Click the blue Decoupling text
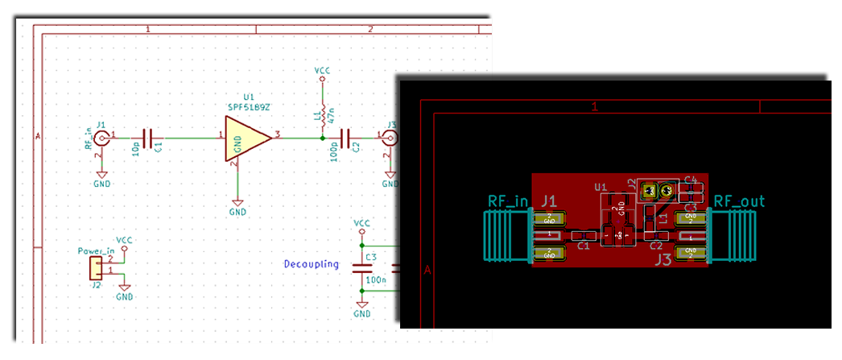click(311, 264)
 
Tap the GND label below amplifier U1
click(237, 212)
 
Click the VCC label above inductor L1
click(322, 71)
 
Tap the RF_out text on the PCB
click(739, 201)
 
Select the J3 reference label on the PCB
click(662, 259)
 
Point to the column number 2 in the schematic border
click(370, 29)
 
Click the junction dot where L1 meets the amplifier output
click(322, 138)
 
